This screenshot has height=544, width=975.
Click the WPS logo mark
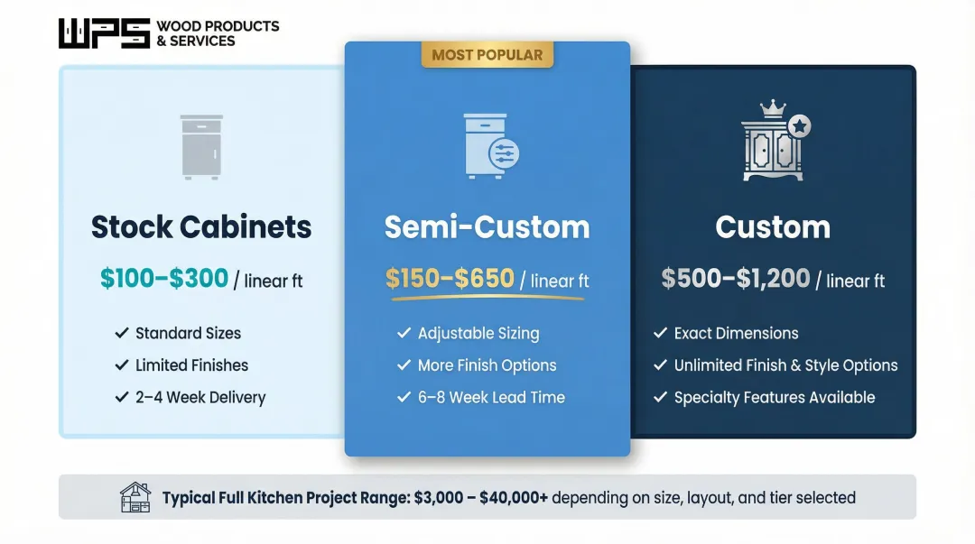[x=104, y=33]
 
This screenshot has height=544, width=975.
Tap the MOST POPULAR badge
[x=487, y=55]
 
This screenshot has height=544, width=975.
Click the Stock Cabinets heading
[x=201, y=226]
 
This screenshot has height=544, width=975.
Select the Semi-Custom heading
[x=487, y=226]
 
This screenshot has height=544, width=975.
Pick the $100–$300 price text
[x=164, y=279]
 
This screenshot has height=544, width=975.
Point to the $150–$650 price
[x=450, y=279]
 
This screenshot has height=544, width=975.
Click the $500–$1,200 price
[x=735, y=279]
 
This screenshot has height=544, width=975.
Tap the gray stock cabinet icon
[x=200, y=146]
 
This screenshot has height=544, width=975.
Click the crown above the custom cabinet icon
[x=772, y=108]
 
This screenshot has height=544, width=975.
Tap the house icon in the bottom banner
[x=135, y=497]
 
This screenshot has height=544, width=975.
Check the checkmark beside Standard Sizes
[x=122, y=334]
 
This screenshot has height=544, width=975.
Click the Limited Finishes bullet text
[x=191, y=365]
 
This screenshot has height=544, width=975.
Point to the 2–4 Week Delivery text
[x=200, y=397]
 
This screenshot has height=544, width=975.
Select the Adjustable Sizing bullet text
[x=478, y=334]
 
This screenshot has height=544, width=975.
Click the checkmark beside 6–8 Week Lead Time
[x=404, y=397]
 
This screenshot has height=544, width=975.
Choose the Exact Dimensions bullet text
[x=736, y=334]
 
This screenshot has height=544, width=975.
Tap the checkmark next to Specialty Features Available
[x=660, y=397]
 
